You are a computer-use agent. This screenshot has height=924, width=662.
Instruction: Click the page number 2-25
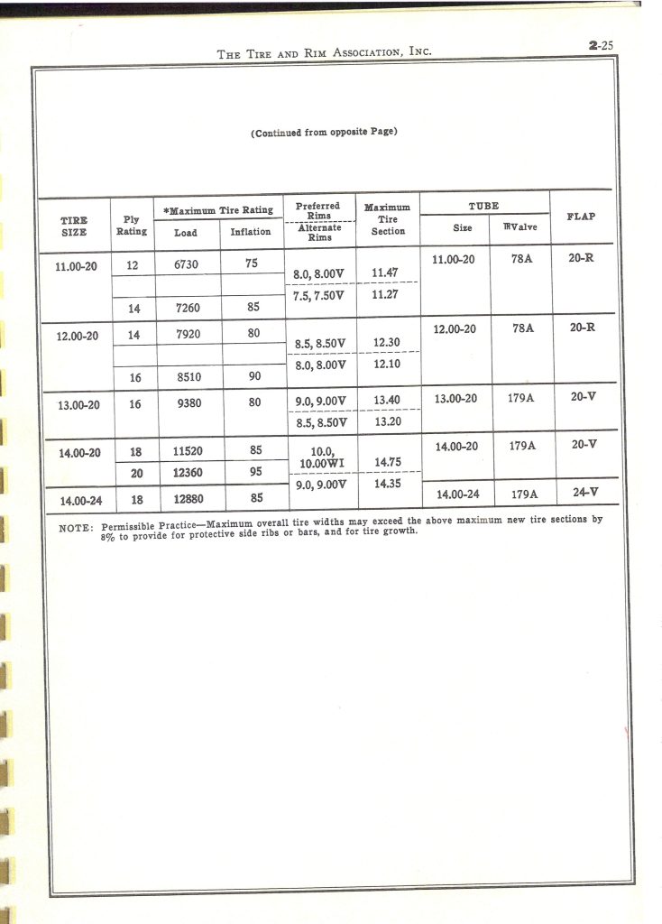click(599, 43)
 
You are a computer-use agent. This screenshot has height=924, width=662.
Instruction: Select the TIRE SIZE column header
click(74, 226)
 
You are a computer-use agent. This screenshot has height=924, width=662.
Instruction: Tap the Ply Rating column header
click(132, 226)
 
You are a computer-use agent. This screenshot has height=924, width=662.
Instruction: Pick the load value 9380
click(188, 403)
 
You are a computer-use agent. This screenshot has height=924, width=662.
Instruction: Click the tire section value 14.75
click(388, 463)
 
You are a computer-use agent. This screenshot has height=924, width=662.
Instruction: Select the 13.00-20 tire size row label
click(79, 404)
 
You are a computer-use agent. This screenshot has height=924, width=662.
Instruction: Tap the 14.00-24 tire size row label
click(80, 500)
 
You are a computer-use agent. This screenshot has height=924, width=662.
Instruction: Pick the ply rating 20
click(134, 472)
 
